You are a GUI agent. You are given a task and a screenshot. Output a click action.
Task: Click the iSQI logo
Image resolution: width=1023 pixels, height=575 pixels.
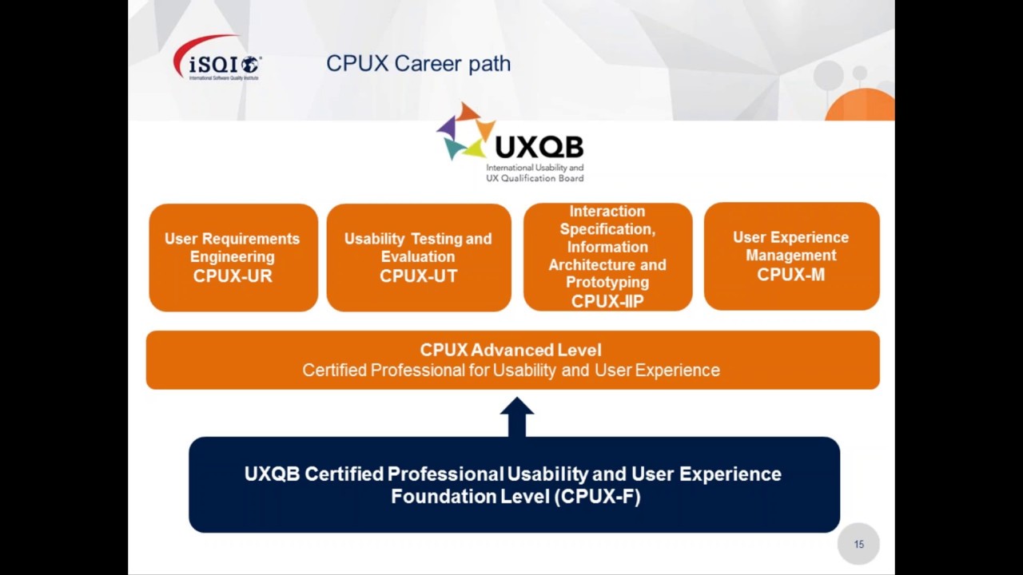[217, 60]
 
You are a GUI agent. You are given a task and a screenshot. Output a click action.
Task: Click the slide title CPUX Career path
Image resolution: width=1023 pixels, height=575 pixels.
[418, 64]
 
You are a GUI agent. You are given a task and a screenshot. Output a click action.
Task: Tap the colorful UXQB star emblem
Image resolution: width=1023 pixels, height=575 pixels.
[464, 133]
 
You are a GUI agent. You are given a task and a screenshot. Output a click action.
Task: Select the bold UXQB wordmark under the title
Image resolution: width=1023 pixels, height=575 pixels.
[539, 147]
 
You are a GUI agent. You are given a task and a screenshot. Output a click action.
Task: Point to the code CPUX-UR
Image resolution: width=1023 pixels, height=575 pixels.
[233, 276]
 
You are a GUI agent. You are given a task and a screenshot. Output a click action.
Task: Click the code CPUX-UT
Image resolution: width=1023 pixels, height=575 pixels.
[418, 276]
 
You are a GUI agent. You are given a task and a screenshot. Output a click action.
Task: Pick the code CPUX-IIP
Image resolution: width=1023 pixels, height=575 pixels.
[607, 301]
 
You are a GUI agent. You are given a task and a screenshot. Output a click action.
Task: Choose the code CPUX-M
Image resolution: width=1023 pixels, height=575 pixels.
[790, 275]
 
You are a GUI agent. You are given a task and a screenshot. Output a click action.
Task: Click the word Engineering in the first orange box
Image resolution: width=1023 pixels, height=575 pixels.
[232, 256]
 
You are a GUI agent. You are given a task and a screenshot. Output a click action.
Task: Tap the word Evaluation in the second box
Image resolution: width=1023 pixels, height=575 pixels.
[418, 256]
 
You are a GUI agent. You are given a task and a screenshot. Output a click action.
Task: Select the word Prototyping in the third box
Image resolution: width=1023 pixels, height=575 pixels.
[607, 282]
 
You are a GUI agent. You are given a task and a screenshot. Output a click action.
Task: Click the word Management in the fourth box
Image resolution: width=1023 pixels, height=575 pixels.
[790, 256]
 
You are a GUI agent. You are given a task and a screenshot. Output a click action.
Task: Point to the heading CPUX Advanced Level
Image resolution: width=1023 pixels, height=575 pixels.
[511, 350]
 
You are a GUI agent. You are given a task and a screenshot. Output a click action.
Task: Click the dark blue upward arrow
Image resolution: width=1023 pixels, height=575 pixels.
[516, 416]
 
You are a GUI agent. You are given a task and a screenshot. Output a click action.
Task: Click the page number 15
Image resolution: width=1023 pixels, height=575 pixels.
[858, 545]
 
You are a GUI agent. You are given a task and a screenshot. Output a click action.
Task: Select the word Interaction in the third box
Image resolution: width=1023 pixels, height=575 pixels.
[607, 212]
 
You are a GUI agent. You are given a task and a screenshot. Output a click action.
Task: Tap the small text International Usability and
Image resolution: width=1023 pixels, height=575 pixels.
[535, 169]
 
